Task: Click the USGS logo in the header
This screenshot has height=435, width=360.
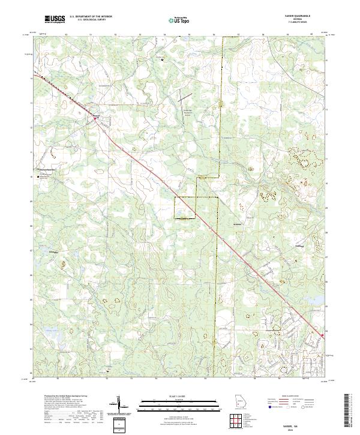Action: click(x=55, y=20)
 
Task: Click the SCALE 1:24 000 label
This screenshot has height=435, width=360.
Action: click(x=176, y=396)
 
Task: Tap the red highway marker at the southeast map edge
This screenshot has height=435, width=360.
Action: click(x=322, y=335)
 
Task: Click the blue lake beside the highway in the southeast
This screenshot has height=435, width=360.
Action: click(x=325, y=307)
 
